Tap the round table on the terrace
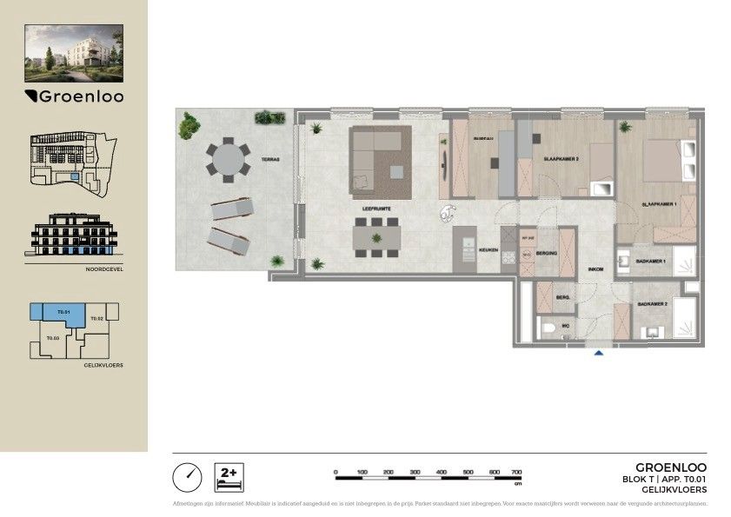click(226, 160)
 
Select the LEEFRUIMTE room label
click(375, 209)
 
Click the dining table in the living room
click(376, 235)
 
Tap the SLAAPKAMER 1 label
click(659, 204)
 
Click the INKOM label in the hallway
click(595, 269)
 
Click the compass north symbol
click(187, 476)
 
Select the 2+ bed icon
click(228, 476)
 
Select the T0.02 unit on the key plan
click(97, 319)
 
